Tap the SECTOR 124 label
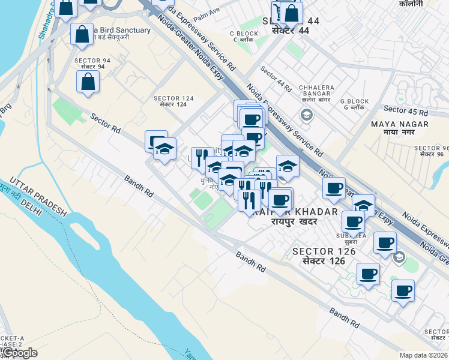[174, 101]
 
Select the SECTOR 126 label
[324, 256]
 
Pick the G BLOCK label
[353, 105]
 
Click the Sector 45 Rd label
[406, 110]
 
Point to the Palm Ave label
[206, 13]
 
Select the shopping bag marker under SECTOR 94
[88, 83]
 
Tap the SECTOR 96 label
[432, 151]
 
